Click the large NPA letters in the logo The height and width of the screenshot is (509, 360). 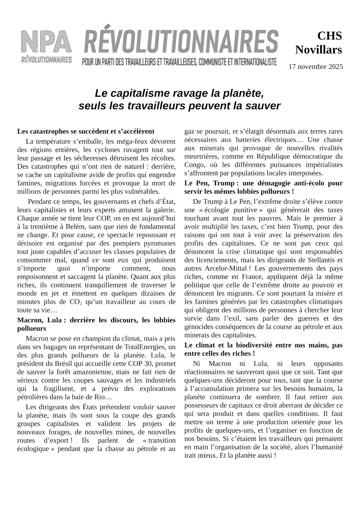coord(46,42)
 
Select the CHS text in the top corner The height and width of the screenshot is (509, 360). coord(329,36)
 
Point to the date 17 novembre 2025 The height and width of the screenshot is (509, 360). coord(316,67)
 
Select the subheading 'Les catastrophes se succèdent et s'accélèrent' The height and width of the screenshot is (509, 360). coord(86,131)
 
